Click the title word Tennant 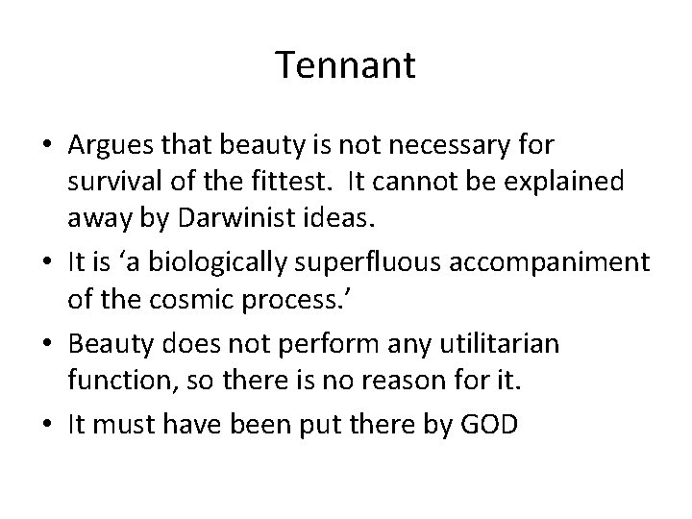point(345,65)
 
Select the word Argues point(106,147)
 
